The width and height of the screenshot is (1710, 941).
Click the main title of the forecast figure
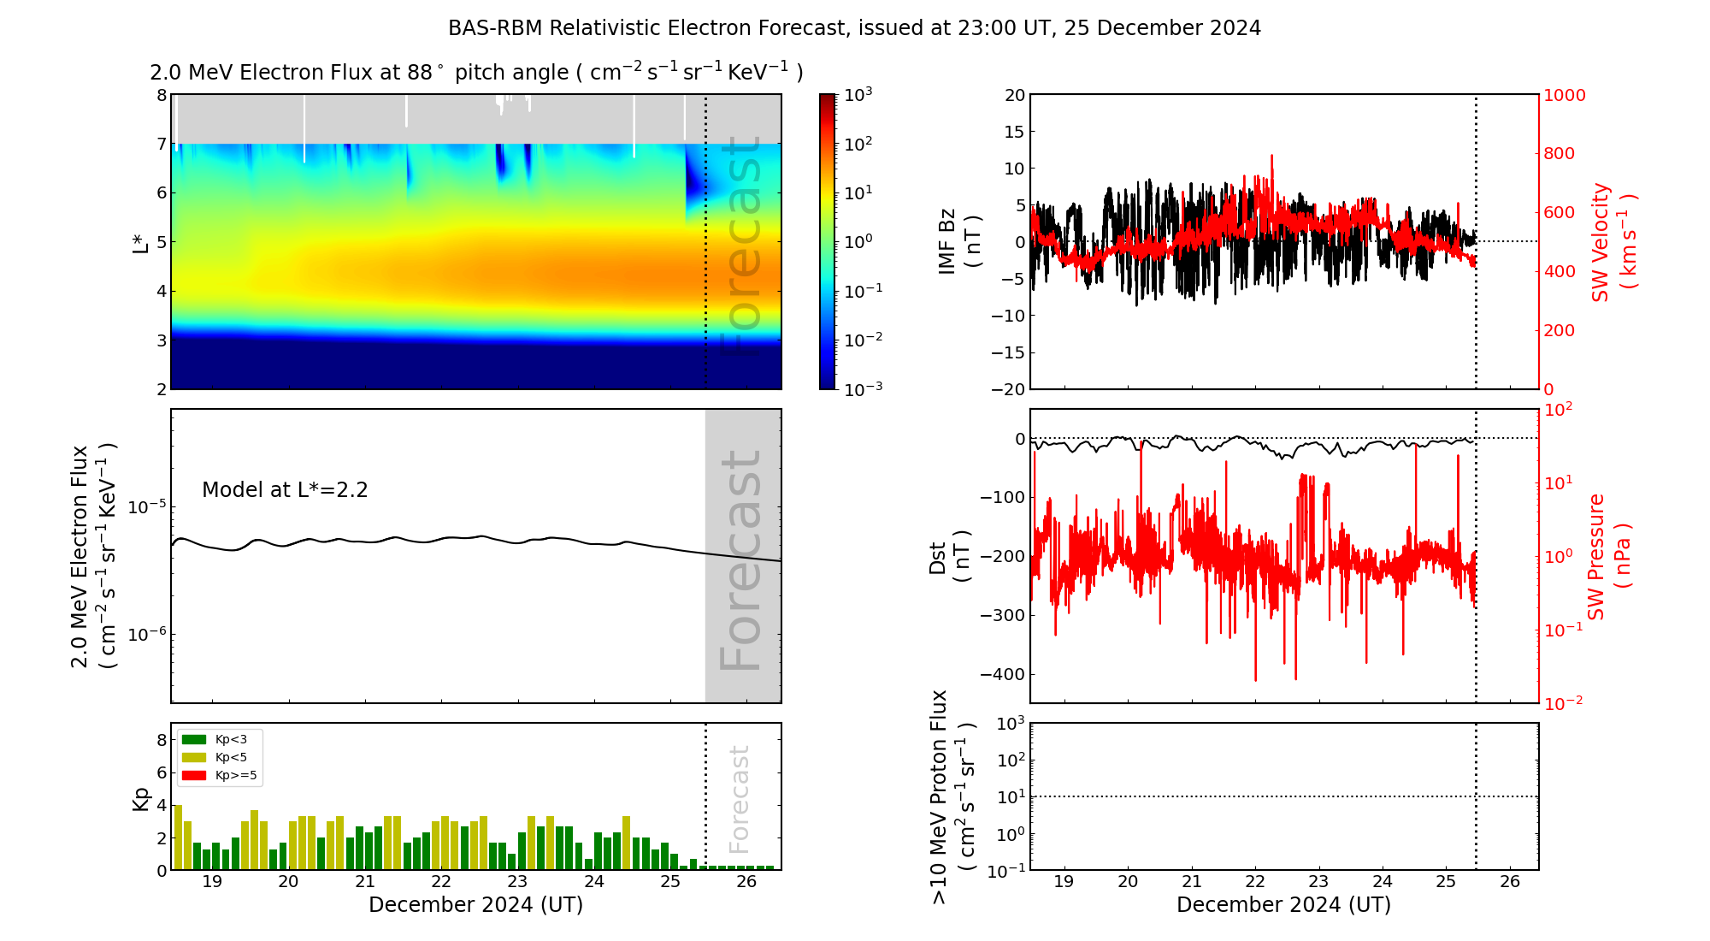854,28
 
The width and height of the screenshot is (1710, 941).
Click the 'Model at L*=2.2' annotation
285,490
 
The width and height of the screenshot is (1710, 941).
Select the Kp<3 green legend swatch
194,739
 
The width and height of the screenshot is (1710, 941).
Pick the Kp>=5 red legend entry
219,776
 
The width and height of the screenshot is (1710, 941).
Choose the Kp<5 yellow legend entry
219,757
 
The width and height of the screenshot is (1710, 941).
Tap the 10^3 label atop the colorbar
858,94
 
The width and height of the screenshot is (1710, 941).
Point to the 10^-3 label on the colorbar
864,388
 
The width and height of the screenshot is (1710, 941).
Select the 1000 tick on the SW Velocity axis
1564,95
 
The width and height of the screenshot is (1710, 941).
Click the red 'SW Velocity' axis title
1601,242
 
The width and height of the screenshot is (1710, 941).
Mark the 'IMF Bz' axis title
946,241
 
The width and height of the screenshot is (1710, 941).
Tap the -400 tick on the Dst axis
1002,674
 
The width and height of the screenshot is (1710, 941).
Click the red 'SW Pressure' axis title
1596,556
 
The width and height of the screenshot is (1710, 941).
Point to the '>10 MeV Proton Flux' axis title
940,796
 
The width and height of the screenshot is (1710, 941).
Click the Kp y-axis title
141,798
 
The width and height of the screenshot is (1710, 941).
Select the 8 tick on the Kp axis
162,740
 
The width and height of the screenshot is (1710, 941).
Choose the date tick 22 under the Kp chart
441,882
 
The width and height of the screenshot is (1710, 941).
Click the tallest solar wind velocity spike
1271,157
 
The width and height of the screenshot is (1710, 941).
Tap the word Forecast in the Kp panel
740,799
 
